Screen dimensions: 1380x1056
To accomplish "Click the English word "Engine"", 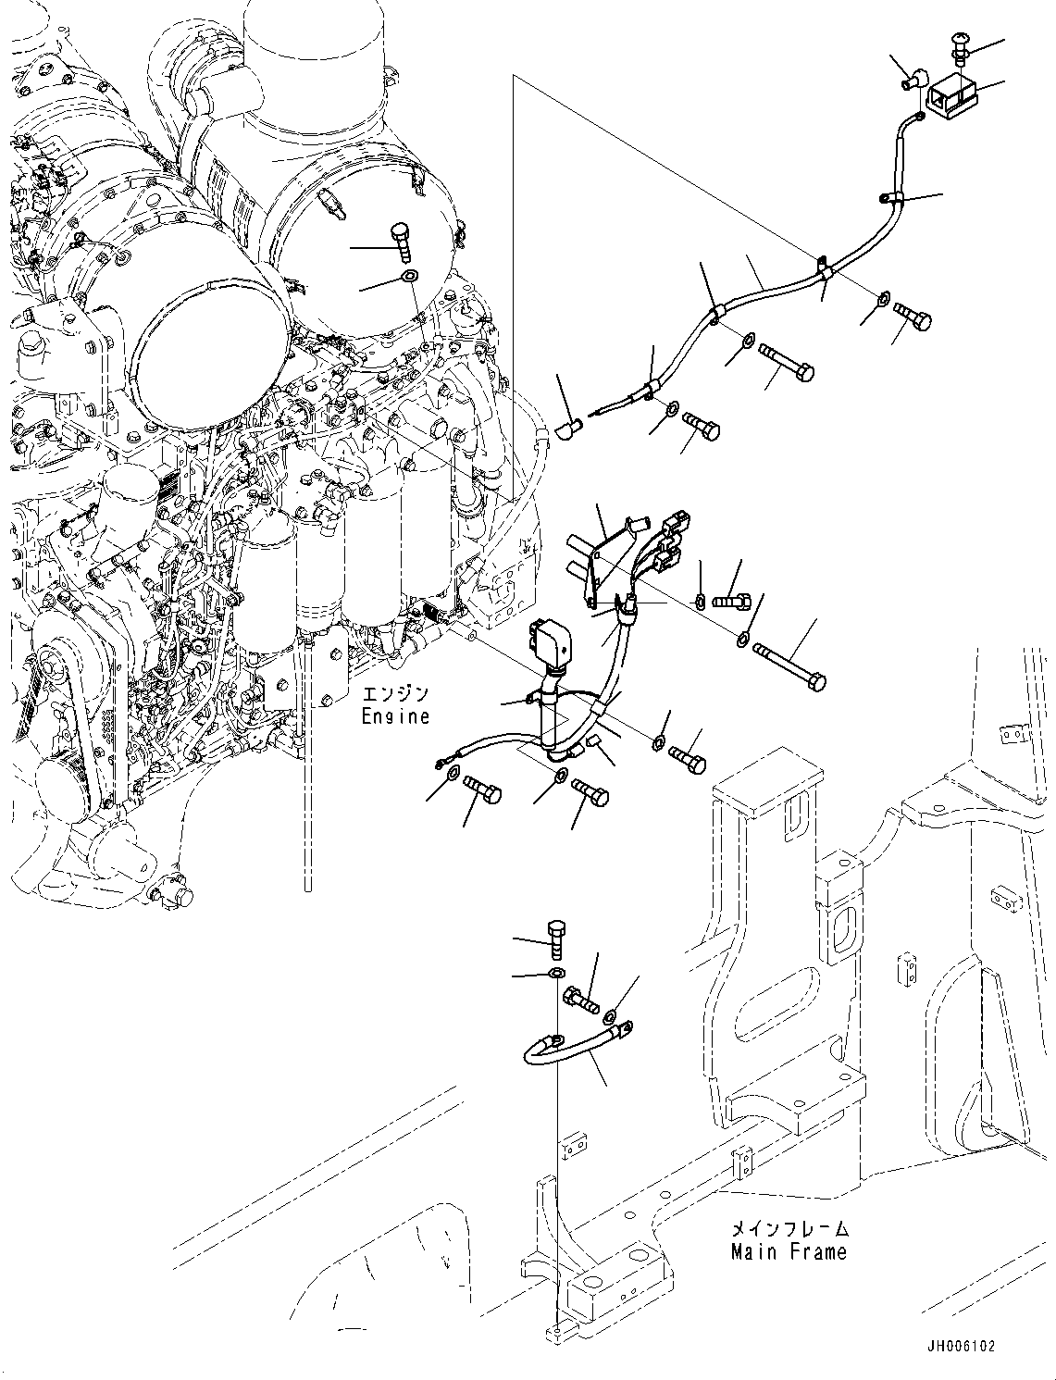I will pos(395,716).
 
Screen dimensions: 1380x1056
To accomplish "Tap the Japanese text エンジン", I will pos(395,695).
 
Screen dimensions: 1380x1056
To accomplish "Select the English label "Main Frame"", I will pos(789,1252).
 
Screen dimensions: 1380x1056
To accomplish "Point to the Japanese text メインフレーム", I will pos(789,1230).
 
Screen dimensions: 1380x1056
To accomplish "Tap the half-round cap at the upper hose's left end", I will pos(568,428).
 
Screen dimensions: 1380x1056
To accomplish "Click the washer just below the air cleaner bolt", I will pos(410,276).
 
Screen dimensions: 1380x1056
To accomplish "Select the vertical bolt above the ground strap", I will pos(555,939).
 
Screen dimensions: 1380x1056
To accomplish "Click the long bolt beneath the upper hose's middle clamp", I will pos(786,362).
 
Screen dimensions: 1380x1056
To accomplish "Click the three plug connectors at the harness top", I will pos(670,541).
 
